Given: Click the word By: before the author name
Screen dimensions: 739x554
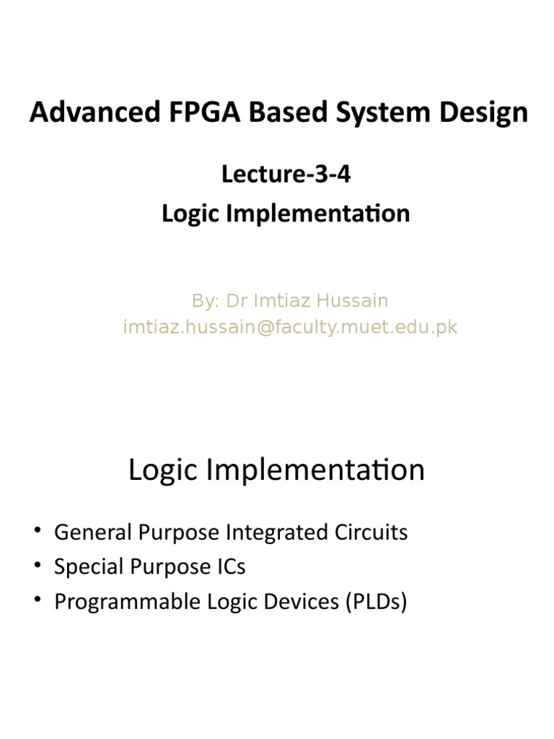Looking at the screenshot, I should coord(206,299).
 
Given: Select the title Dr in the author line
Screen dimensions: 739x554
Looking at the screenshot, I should coord(237,299).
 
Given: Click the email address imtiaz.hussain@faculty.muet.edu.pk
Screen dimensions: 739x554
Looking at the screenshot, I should coord(290,327).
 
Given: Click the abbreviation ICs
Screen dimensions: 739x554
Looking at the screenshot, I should coord(229,567).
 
